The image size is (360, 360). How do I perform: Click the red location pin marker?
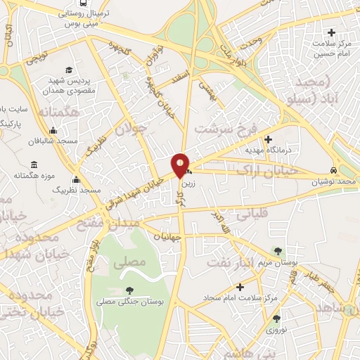(x=180, y=164)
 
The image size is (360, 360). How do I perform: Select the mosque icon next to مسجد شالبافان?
(x=53, y=130)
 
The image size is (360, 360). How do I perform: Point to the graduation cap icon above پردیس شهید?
(x=69, y=70)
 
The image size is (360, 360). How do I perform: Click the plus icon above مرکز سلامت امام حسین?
(x=331, y=33)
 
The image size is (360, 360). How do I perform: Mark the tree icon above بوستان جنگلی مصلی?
(x=129, y=290)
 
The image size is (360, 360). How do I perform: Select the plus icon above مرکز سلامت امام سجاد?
(x=240, y=287)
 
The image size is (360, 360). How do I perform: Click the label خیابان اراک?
(x=266, y=168)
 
